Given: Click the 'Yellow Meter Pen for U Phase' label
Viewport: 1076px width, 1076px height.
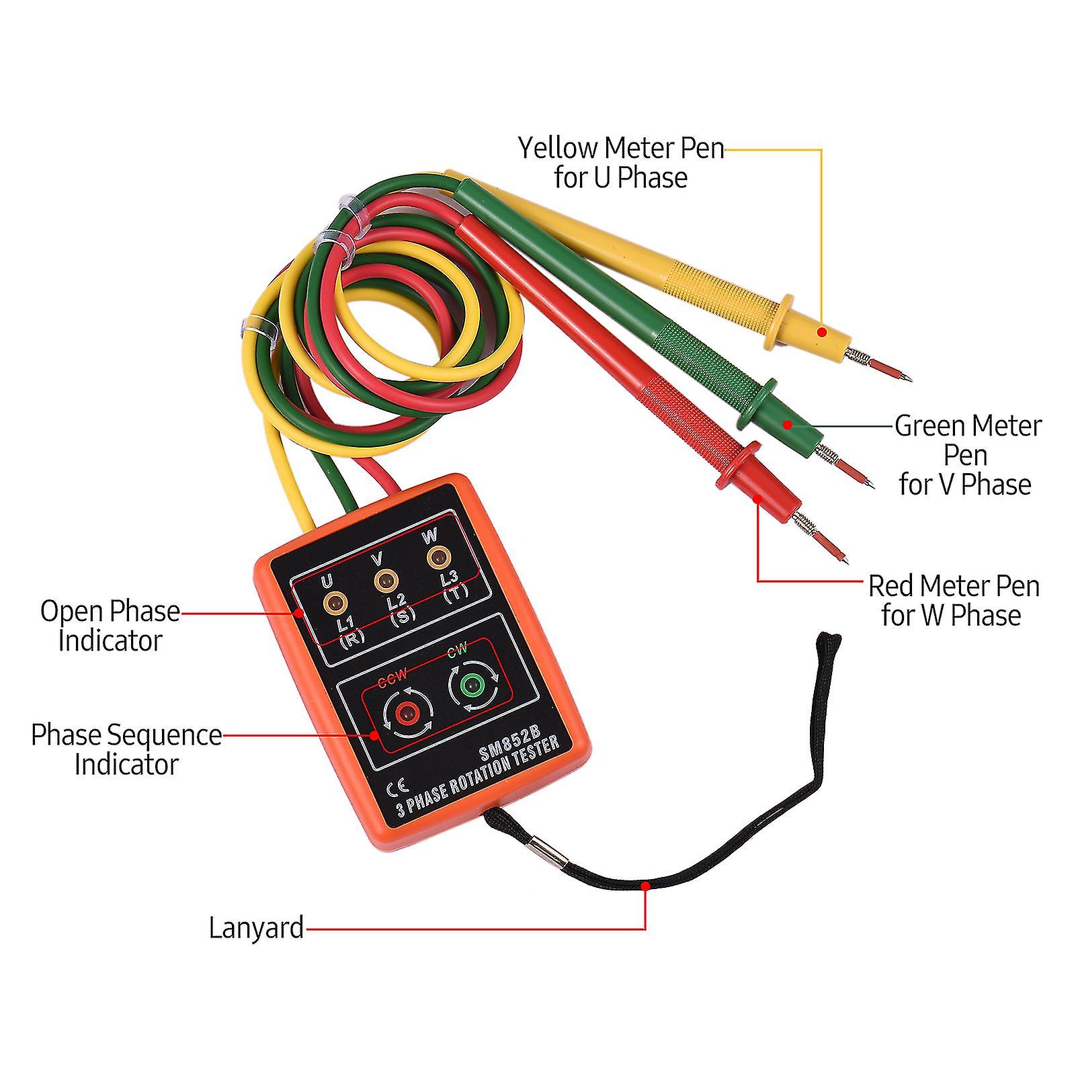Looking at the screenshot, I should [x=620, y=163].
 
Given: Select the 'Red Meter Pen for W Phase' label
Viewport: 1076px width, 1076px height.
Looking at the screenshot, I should [x=953, y=600].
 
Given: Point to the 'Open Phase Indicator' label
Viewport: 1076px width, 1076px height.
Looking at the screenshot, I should [x=110, y=626].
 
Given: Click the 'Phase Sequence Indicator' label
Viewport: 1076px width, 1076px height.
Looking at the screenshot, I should [x=126, y=749].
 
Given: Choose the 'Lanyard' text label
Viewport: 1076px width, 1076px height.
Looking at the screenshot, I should [x=256, y=928].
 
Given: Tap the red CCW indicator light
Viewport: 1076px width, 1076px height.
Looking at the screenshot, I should [x=406, y=712].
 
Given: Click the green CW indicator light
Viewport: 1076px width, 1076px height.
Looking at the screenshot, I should [x=473, y=686].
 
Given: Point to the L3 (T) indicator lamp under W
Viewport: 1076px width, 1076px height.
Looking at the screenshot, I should [x=438, y=556].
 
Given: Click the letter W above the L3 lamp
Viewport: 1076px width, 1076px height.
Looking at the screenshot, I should [x=429, y=536].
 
